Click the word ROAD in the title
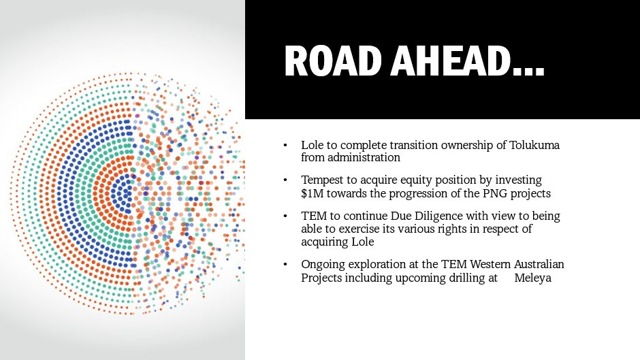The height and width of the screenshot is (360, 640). (333, 61)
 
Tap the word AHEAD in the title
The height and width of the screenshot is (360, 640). (450, 61)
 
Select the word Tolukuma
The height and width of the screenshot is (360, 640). (534, 145)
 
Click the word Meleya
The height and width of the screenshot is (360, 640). (532, 278)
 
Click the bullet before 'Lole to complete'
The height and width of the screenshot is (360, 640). (285, 145)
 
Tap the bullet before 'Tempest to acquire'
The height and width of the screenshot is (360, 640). (285, 180)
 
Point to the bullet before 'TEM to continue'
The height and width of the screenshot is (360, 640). (285, 216)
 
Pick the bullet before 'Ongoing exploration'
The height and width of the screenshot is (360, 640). (285, 265)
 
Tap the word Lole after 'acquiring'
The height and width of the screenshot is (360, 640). (363, 242)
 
